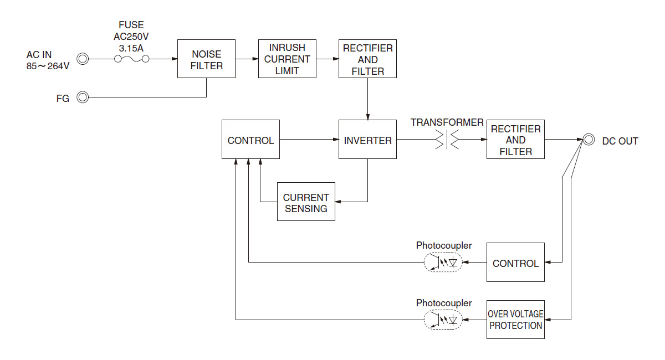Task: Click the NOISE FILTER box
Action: tap(206, 59)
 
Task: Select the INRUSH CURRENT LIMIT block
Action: tap(287, 59)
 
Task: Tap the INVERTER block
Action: tap(367, 140)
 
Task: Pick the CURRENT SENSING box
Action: tap(306, 202)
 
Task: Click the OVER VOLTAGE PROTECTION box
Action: tap(515, 320)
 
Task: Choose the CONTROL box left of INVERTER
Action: tap(250, 140)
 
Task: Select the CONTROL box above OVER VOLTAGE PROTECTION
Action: tap(515, 263)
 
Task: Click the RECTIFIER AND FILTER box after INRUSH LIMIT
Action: tap(367, 59)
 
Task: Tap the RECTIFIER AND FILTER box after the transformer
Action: tap(515, 140)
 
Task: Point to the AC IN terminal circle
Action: tap(83, 59)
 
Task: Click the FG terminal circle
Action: tap(83, 97)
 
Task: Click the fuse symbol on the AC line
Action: tap(132, 59)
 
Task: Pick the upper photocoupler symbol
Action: tap(442, 263)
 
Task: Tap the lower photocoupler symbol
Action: tap(442, 320)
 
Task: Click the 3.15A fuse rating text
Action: tap(131, 48)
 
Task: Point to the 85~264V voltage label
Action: tap(48, 66)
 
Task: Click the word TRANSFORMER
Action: tap(447, 122)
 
